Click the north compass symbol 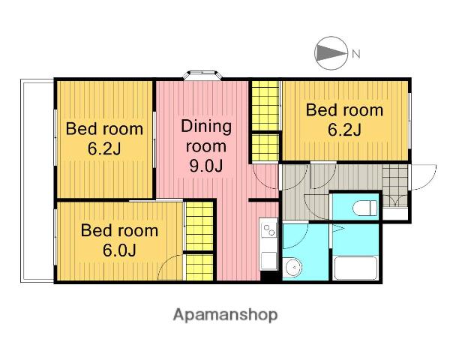pos(331,53)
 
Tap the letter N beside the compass pos(355,54)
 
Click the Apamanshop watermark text pos(225,315)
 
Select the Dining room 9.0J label pos(206,146)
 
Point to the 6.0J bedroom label pos(119,240)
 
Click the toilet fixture pos(364,208)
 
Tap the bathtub pos(355,268)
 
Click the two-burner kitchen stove pos(269,229)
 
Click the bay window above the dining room pos(203,75)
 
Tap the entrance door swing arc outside pos(424,177)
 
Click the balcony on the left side pos(37,181)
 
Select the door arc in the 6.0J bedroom pos(170,267)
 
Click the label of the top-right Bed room pos(344,120)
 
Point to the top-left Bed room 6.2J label pos(104,138)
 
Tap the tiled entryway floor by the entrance pos(395,185)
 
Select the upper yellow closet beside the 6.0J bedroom pos(199,226)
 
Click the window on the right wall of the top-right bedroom pos(409,120)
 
